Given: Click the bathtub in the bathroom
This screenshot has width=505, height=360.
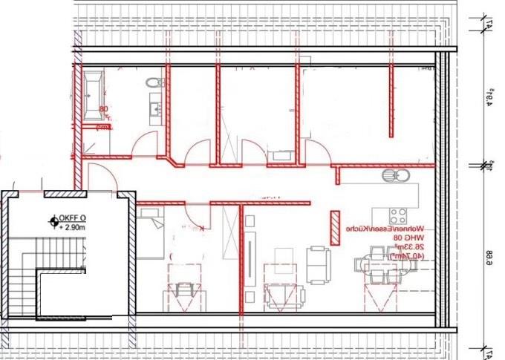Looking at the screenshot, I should [94, 87].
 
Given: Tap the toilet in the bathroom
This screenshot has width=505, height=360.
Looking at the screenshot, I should [154, 82].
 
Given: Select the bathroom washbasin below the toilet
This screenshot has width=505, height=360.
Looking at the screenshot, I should [155, 110].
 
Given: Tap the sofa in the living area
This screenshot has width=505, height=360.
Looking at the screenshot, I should [318, 264].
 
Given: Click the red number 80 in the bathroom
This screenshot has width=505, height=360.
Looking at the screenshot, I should [103, 109].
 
